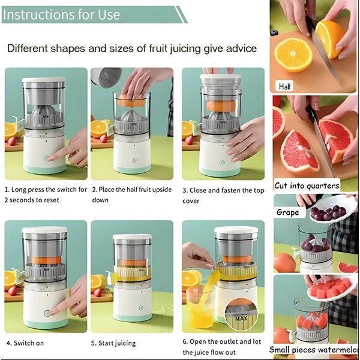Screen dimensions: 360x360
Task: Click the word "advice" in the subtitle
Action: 238,48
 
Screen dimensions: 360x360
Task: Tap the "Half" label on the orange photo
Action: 286,86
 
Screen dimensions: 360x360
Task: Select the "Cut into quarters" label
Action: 307,185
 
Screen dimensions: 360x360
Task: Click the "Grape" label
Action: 287,212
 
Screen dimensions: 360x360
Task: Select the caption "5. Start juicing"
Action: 113,343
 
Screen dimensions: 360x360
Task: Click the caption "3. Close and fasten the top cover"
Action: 223,194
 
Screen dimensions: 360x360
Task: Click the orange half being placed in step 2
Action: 130,100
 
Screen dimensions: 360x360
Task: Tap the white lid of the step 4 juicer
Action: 44,230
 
